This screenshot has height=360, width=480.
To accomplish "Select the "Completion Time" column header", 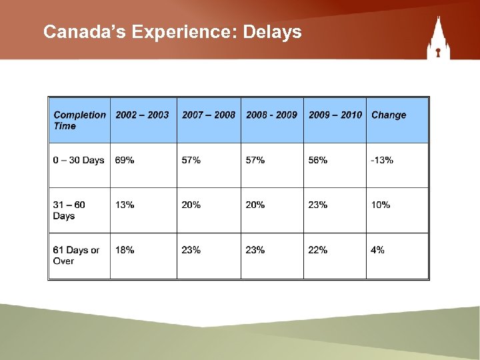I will (79, 120).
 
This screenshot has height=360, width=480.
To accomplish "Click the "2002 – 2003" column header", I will (142, 115).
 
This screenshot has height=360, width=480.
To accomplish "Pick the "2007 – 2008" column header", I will (208, 115).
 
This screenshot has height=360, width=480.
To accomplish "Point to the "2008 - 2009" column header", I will (271, 115).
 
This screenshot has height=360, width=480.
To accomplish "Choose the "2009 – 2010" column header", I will (335, 115).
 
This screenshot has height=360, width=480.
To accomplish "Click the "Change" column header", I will (389, 115).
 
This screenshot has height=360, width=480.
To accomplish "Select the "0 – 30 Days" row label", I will (79, 160).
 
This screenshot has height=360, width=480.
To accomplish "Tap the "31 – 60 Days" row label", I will (69, 210).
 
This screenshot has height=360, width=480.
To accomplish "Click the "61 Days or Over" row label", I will (76, 255).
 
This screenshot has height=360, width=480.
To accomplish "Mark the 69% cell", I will (125, 160).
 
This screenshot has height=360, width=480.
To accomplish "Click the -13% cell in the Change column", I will (382, 160).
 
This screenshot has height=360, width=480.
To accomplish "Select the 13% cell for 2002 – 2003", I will (125, 205).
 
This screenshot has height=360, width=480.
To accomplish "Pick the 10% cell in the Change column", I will (381, 205).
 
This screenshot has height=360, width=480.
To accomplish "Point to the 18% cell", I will (125, 250).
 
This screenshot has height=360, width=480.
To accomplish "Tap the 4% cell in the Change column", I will (377, 250).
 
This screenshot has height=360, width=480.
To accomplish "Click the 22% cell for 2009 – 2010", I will (318, 250).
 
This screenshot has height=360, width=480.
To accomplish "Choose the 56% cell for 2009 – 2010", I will (318, 160).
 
